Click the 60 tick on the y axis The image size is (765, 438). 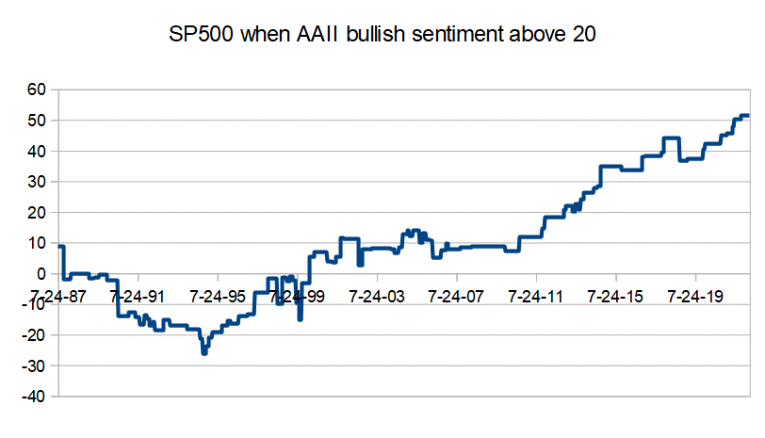coord(36,90)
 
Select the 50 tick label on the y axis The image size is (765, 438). coord(36,121)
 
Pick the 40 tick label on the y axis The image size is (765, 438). coord(36,152)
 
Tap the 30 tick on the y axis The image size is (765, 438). coord(36,182)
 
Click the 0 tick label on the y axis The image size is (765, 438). coord(41,274)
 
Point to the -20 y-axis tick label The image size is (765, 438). coord(33,335)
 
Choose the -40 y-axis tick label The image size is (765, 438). coord(33,397)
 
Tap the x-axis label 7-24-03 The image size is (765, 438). coord(377,296)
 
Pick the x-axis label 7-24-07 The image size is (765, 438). coord(456,296)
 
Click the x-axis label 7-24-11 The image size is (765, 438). coord(536,296)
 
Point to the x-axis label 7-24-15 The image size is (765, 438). coord(615,296)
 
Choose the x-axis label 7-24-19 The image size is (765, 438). coord(695,296)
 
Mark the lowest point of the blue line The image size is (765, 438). coord(203,353)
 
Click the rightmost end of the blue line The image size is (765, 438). coord(748,116)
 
